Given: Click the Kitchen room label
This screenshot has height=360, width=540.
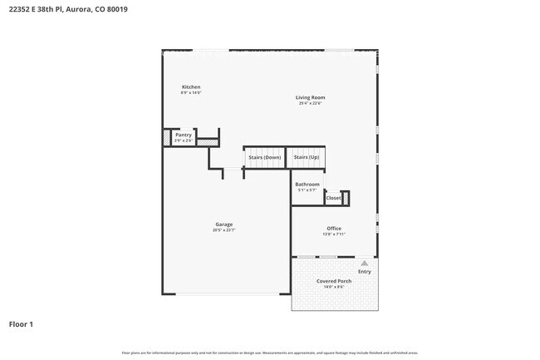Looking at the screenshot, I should coord(191,87).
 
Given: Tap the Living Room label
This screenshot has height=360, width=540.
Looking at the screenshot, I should coord(309,98).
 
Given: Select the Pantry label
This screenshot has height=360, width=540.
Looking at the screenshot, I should coord(184,135).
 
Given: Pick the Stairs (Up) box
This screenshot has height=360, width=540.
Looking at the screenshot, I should coord(307,157).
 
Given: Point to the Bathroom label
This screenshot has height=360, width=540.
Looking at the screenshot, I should coord(307,184).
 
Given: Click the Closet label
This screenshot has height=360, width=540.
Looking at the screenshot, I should coord(333,198).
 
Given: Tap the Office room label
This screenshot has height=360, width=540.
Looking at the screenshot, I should coord(333,229).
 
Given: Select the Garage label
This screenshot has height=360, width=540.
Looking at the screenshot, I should coord(224,224).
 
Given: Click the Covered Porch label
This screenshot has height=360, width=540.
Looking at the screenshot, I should coord(334,281).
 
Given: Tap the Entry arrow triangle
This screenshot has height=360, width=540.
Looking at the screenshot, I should coord(364,263).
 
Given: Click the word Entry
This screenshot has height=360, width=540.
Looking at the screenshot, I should coord(365,271).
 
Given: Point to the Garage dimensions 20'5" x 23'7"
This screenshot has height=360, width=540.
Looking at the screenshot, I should coord(224,230).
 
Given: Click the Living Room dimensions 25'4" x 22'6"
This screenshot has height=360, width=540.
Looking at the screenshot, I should coord(309,104).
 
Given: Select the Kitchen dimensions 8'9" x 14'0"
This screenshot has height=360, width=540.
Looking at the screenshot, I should coord(191,93).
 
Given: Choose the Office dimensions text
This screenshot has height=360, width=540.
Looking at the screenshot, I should coord(333,234).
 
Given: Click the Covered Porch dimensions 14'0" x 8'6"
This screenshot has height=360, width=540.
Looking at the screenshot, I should coord(334,287).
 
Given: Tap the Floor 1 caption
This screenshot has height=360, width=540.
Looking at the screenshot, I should coord(22,323).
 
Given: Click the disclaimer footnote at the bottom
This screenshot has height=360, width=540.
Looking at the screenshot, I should coord(270,353).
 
